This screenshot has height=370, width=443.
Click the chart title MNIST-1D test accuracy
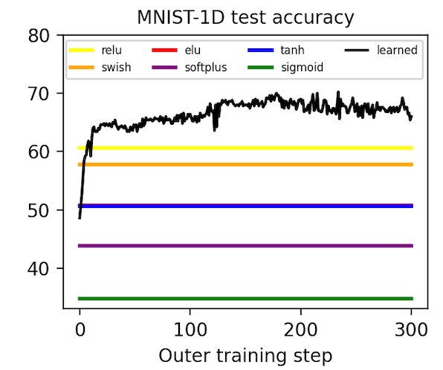pyautogui.click(x=245, y=18)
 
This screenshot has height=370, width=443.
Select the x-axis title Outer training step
pyautogui.click(x=245, y=356)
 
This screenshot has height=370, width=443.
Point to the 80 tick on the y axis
pyautogui.click(x=39, y=36)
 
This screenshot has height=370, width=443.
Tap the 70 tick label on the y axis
pyautogui.click(x=39, y=94)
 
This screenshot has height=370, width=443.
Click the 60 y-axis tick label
pyautogui.click(x=39, y=152)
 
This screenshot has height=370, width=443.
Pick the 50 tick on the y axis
pyautogui.click(x=39, y=210)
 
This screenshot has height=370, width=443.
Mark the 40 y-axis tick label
pyautogui.click(x=39, y=269)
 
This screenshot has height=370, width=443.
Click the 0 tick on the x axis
pyautogui.click(x=80, y=329)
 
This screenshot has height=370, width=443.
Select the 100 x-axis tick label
pyautogui.click(x=190, y=329)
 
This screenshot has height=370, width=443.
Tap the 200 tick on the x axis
pyautogui.click(x=300, y=329)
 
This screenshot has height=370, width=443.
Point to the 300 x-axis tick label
pyautogui.click(x=411, y=329)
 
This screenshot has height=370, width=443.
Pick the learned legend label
pyautogui.click(x=397, y=51)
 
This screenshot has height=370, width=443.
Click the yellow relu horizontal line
pyautogui.click(x=245, y=148)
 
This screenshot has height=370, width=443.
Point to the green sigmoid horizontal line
pyautogui.click(x=245, y=299)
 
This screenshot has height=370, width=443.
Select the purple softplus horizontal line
pyautogui.click(x=245, y=246)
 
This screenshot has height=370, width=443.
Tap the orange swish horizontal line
pyautogui.click(x=245, y=164)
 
